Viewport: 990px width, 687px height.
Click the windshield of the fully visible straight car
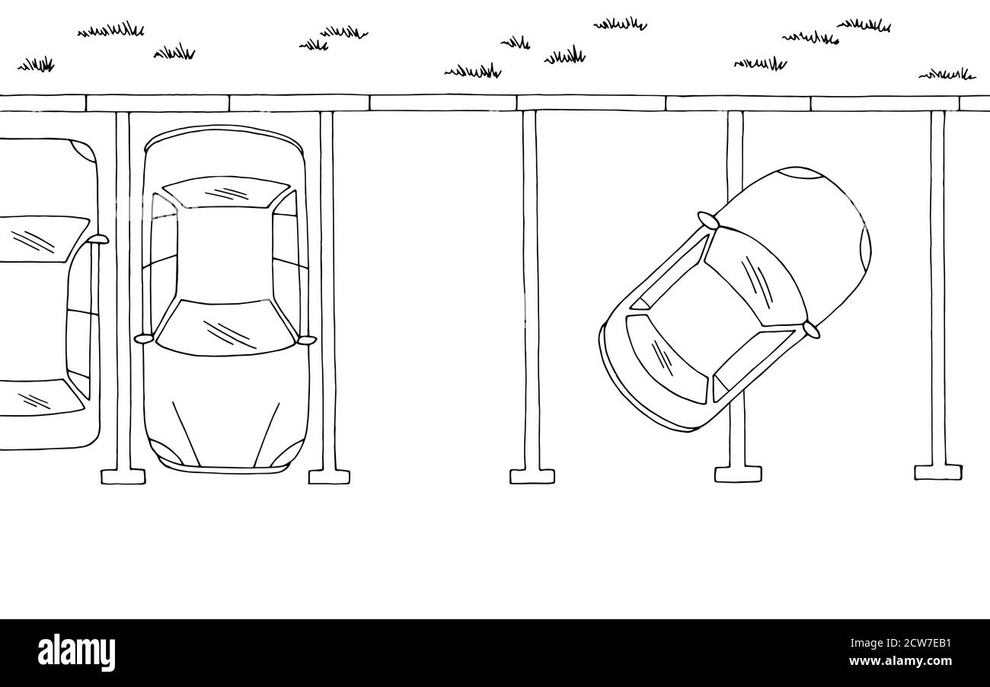225,328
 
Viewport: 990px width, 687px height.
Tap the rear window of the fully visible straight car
226,191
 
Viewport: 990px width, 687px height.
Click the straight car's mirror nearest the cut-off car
143,338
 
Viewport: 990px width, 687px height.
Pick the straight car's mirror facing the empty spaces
307,340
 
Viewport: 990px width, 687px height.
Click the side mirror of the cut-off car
98,239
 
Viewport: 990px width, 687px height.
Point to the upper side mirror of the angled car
707,221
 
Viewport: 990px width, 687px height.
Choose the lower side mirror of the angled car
811,330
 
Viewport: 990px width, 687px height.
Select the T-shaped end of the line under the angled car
737,474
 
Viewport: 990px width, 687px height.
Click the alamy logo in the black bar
76,653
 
